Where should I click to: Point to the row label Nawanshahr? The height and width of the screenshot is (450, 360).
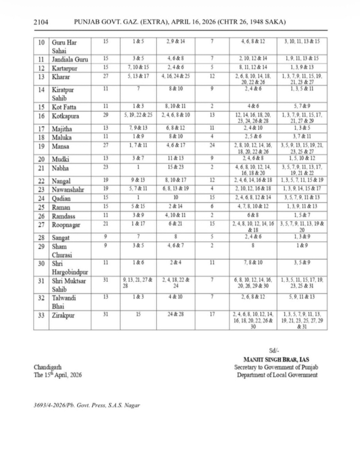pos(68,189)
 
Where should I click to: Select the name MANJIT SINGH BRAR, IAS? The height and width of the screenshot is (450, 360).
pos(276,359)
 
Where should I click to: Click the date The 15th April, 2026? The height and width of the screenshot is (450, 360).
pos(57,375)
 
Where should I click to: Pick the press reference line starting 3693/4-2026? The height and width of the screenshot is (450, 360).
pos(87,405)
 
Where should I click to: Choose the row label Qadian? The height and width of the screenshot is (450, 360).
pos(62,198)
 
